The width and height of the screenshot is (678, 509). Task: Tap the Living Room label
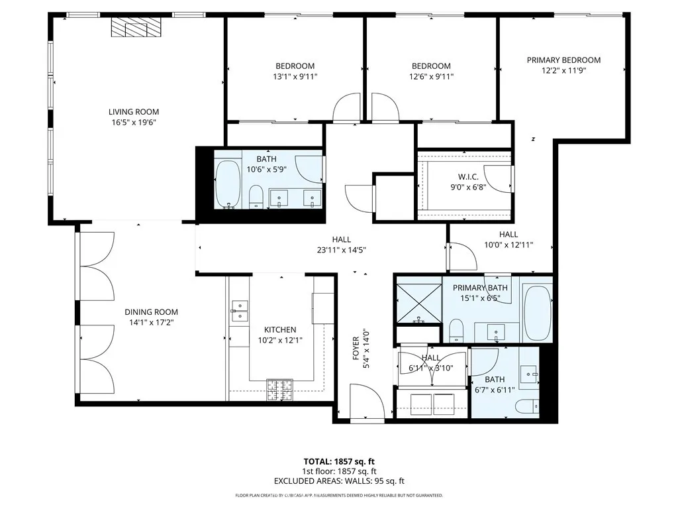[x=134, y=112]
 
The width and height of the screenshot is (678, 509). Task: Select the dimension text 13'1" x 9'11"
[x=295, y=76]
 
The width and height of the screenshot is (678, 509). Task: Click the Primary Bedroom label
[x=563, y=60]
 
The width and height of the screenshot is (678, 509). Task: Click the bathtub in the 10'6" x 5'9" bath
[x=229, y=185]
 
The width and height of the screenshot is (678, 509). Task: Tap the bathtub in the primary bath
[x=537, y=312]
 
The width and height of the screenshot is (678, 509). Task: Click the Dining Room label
[x=151, y=312]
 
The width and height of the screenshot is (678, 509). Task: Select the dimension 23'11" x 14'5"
[x=342, y=250]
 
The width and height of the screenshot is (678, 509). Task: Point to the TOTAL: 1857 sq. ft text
[x=339, y=462]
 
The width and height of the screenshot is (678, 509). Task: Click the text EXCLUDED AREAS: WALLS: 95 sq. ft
[x=339, y=482]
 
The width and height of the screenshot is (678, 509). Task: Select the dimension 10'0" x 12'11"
[x=508, y=245]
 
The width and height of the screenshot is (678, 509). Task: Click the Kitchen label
[x=280, y=329]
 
